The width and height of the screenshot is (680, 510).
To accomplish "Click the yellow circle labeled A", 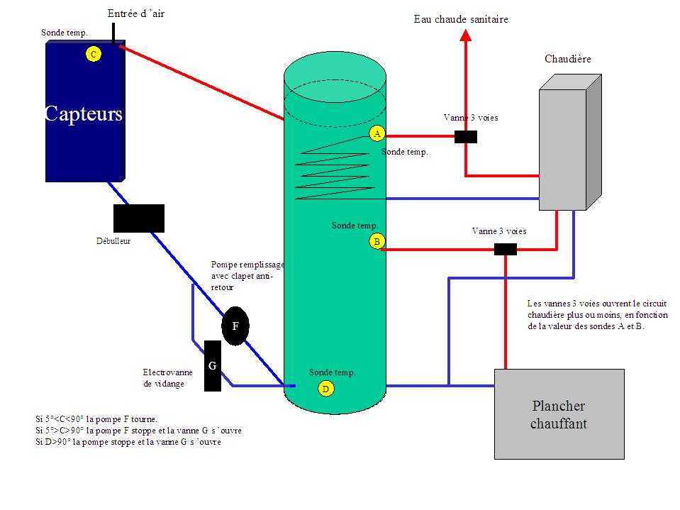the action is pyautogui.click(x=377, y=133).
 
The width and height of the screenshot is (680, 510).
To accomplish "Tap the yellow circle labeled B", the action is pyautogui.click(x=377, y=241).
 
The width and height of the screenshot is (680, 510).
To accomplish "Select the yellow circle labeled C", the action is pyautogui.click(x=94, y=54).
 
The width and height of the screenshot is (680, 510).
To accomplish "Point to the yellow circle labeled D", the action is pyautogui.click(x=325, y=389).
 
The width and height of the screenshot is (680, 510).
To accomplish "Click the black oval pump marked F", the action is pyautogui.click(x=235, y=326).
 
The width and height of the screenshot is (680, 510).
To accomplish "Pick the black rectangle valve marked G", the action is pyautogui.click(x=213, y=366).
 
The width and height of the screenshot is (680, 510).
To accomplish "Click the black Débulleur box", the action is pyautogui.click(x=139, y=218).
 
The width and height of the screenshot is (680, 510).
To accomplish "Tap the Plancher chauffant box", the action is pyautogui.click(x=559, y=414).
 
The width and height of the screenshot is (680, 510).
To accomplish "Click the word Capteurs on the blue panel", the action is pyautogui.click(x=84, y=114).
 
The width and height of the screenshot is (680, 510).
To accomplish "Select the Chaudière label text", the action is pyautogui.click(x=568, y=59).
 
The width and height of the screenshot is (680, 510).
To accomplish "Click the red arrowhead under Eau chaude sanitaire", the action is pyautogui.click(x=466, y=35).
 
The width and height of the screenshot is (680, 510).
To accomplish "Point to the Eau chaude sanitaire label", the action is pyautogui.click(x=461, y=19).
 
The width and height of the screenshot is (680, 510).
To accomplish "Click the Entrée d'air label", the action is pyautogui.click(x=136, y=14).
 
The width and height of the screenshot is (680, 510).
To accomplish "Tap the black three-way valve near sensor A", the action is pyautogui.click(x=466, y=137).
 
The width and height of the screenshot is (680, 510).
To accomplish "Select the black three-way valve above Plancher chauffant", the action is pyautogui.click(x=506, y=250).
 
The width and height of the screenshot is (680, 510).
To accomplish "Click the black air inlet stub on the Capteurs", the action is pyautogui.click(x=113, y=34).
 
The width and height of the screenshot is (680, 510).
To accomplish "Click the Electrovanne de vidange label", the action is pyautogui.click(x=168, y=378).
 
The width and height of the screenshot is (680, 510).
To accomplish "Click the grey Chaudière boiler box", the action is pyautogui.click(x=570, y=143).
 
